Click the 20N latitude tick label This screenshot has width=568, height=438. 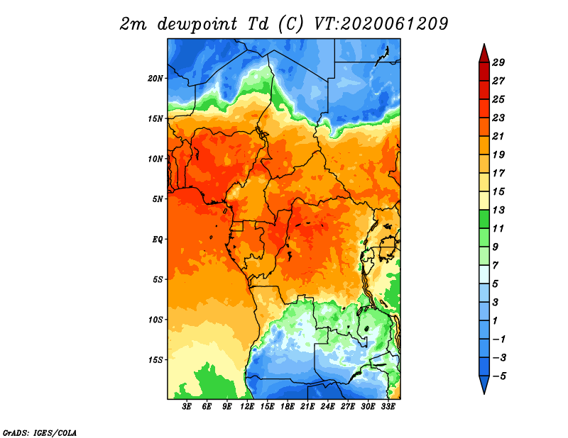[x=155, y=79]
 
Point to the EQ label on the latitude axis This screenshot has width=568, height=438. [x=157, y=240]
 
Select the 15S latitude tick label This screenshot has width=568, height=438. [x=155, y=360]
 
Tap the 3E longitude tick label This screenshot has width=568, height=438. [x=187, y=407]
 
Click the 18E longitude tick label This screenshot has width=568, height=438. [x=288, y=407]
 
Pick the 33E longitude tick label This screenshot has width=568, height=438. [x=388, y=407]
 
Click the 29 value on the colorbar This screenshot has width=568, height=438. [x=498, y=62]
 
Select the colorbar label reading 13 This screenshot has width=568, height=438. [x=498, y=210]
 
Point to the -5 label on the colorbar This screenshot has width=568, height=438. [x=499, y=376]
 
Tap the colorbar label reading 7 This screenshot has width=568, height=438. [x=496, y=266]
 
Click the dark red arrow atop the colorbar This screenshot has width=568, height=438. [x=484, y=53]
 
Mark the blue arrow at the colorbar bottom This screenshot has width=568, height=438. [x=484, y=385]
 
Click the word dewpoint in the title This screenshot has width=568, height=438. [x=197, y=24]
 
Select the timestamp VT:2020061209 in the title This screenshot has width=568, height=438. [x=381, y=24]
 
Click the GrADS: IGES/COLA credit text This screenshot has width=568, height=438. [x=40, y=433]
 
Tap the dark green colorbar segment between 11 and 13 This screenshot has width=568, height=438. [x=484, y=219]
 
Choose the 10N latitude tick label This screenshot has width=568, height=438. [x=155, y=159]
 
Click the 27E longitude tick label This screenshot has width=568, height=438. [x=348, y=407]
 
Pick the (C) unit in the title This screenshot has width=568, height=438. [x=291, y=24]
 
